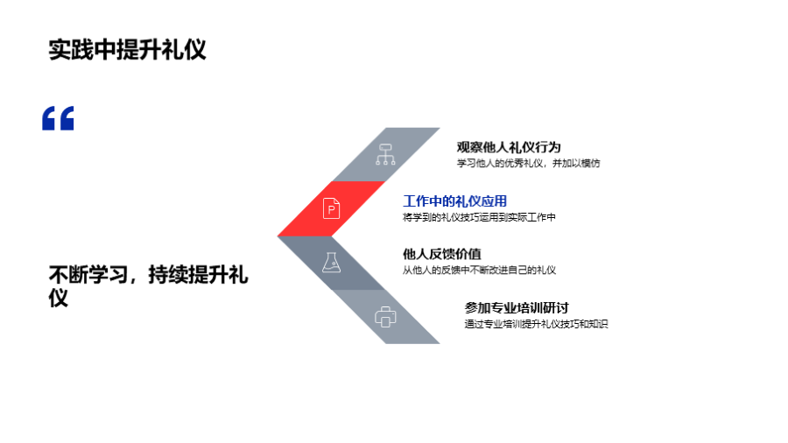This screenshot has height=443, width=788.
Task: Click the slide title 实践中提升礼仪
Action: pos(127,50)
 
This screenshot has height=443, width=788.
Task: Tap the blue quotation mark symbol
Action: pos(59,118)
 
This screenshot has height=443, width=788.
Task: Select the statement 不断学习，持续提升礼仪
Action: pos(148,285)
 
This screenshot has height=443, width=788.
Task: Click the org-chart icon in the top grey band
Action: pos(385,153)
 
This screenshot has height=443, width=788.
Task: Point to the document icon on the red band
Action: pos(332,208)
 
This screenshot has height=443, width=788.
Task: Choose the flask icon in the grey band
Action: pos(331,262)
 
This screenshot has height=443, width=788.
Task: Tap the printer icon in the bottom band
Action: pos(385,317)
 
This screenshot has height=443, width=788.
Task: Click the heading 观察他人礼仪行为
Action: pos(509,147)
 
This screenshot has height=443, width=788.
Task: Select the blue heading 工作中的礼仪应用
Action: pos(454,201)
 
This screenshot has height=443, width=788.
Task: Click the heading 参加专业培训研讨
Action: pos(517,308)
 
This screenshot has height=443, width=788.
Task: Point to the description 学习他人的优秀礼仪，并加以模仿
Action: pos(528,163)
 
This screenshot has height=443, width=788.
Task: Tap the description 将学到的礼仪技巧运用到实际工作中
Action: pos(479,216)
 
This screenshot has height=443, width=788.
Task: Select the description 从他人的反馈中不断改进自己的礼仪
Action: pos(479,270)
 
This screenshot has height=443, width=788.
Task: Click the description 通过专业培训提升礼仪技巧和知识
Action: pos(536,324)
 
